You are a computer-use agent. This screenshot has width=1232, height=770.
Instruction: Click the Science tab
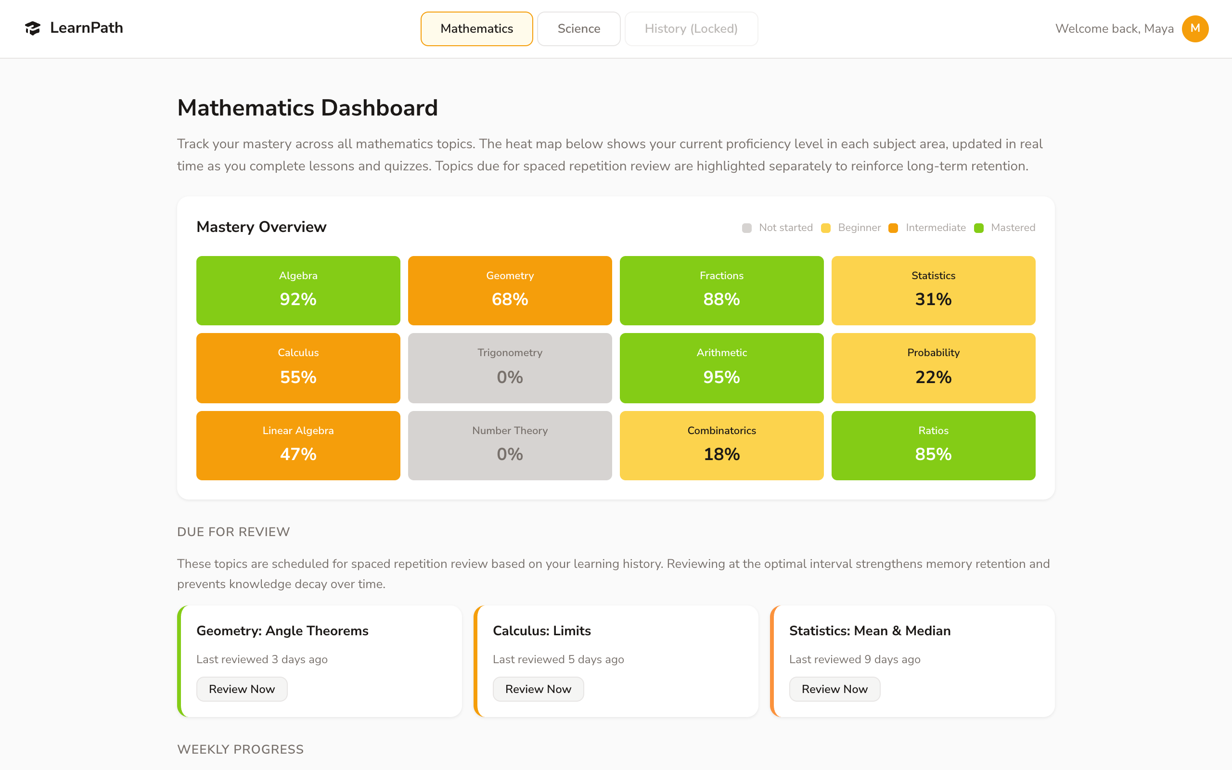tap(578, 28)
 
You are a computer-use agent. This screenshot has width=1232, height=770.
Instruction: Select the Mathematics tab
tap(476, 28)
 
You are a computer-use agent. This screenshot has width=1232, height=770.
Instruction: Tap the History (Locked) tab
tap(691, 28)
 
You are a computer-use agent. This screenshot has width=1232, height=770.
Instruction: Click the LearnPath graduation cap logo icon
tap(33, 28)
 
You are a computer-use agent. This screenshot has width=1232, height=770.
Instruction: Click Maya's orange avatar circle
tap(1195, 28)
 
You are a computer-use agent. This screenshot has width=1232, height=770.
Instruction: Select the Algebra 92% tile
tap(298, 290)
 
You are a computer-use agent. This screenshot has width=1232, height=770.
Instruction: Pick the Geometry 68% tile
tap(510, 290)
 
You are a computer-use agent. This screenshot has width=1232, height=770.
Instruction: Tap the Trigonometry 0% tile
tap(510, 368)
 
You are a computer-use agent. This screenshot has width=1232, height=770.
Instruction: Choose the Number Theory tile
tap(510, 445)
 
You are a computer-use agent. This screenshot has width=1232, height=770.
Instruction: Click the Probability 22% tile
tap(933, 368)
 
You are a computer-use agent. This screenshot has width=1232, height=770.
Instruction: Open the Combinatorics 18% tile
tap(721, 445)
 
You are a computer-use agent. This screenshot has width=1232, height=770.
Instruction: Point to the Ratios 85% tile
tap(933, 445)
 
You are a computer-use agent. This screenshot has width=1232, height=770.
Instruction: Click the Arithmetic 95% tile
tap(721, 368)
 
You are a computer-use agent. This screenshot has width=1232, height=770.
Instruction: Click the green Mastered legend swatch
tap(978, 228)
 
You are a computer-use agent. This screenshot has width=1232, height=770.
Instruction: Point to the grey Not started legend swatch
tap(746, 228)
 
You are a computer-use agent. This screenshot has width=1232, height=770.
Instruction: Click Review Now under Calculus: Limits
tap(538, 689)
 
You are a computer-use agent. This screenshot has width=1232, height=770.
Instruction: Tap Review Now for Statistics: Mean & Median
tap(834, 689)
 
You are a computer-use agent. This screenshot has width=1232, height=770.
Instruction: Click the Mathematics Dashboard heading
tap(308, 108)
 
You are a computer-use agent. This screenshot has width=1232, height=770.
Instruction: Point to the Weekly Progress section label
tap(240, 749)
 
